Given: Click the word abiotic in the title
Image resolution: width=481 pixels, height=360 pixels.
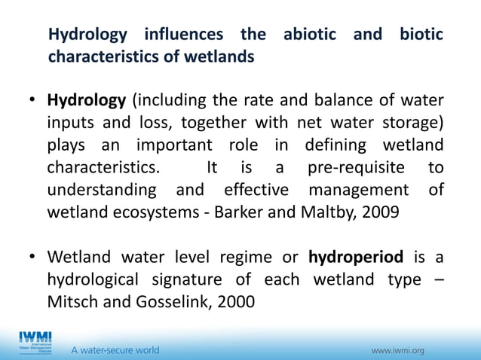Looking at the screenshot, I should pos(311,35).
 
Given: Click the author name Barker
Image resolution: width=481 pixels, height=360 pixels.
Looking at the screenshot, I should pos(239,212).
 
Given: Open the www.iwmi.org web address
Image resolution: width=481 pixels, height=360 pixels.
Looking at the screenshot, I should pos(398,350).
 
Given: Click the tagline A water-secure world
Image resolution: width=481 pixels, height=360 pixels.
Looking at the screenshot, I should pos(115,350).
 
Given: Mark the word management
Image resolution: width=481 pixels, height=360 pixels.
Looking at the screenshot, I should pos(362,189).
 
